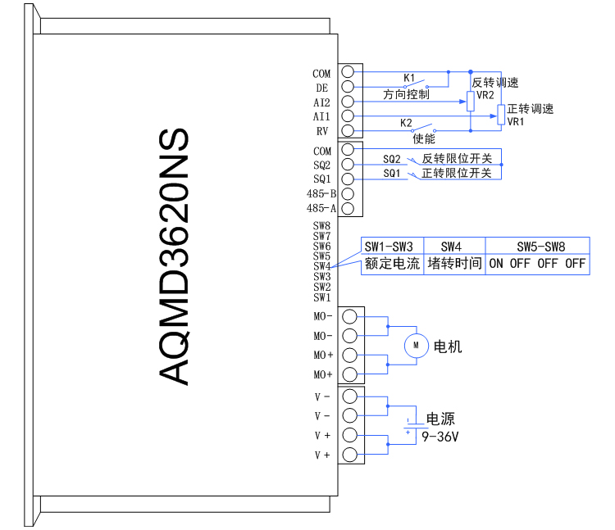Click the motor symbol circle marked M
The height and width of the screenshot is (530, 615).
417,346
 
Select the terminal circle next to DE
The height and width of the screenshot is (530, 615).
348,87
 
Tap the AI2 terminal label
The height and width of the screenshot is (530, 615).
321,102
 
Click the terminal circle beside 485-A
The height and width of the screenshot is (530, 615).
348,208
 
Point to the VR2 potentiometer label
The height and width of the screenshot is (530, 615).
485,95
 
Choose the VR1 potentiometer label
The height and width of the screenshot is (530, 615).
515,121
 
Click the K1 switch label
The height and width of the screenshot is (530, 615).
409,79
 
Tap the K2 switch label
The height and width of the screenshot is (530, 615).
406,123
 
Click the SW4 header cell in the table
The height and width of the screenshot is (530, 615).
451,247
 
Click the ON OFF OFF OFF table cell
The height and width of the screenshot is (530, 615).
537,264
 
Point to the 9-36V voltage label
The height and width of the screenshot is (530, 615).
440,437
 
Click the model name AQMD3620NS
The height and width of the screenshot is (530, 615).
175,256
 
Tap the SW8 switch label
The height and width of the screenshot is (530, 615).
321,226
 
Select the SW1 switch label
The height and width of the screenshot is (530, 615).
321,297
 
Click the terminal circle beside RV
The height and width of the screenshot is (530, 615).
348,131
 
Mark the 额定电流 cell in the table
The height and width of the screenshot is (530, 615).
391,264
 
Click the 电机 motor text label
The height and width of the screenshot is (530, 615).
448,347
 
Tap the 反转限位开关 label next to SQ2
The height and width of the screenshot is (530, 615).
457,158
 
